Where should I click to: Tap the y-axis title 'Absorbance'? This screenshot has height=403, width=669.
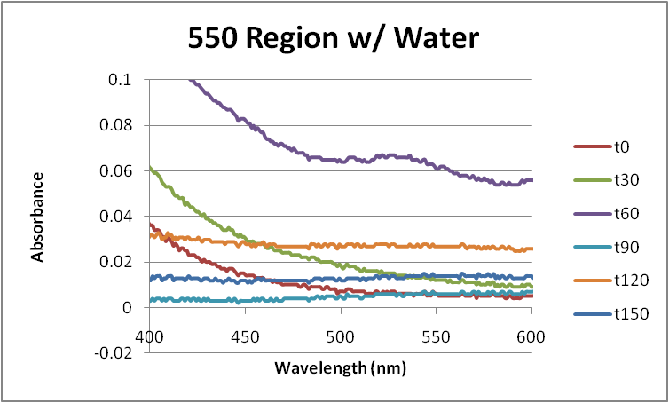tap(38, 216)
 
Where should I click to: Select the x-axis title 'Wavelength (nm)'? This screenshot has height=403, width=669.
tap(341, 366)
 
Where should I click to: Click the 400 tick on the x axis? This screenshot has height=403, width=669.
tap(150, 336)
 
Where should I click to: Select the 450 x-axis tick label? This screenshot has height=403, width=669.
tap(246, 336)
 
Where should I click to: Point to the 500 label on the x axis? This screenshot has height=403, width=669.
tap(342, 336)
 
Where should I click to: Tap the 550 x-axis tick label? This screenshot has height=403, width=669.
tap(437, 336)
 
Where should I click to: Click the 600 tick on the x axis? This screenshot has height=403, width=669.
tap(532, 336)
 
